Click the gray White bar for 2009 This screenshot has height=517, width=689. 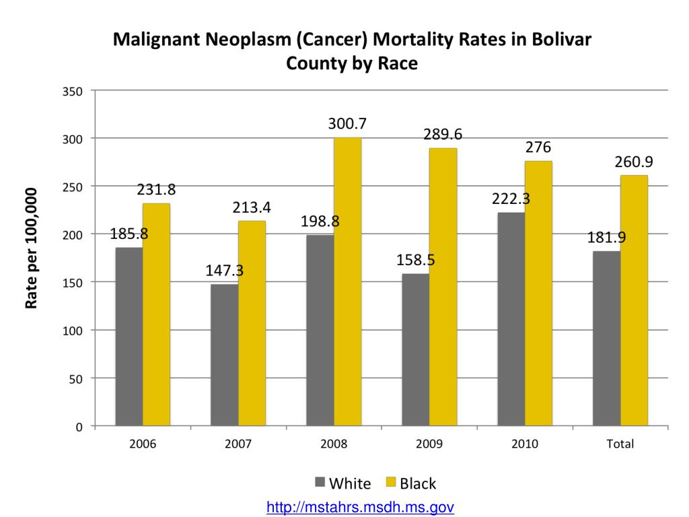tap(415, 349)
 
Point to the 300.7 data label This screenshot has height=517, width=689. tap(347, 124)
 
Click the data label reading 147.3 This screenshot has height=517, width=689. tap(224, 271)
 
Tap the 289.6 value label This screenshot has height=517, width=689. tap(443, 134)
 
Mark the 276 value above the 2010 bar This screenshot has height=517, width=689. tap(538, 147)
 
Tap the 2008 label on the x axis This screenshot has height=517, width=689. tap(334, 444)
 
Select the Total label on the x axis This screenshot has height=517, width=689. tap(620, 444)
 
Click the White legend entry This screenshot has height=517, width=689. tap(342, 483)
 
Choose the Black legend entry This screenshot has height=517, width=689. tap(410, 483)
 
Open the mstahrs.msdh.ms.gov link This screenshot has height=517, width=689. tap(360, 506)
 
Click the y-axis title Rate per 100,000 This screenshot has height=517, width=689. tap(32, 248)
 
